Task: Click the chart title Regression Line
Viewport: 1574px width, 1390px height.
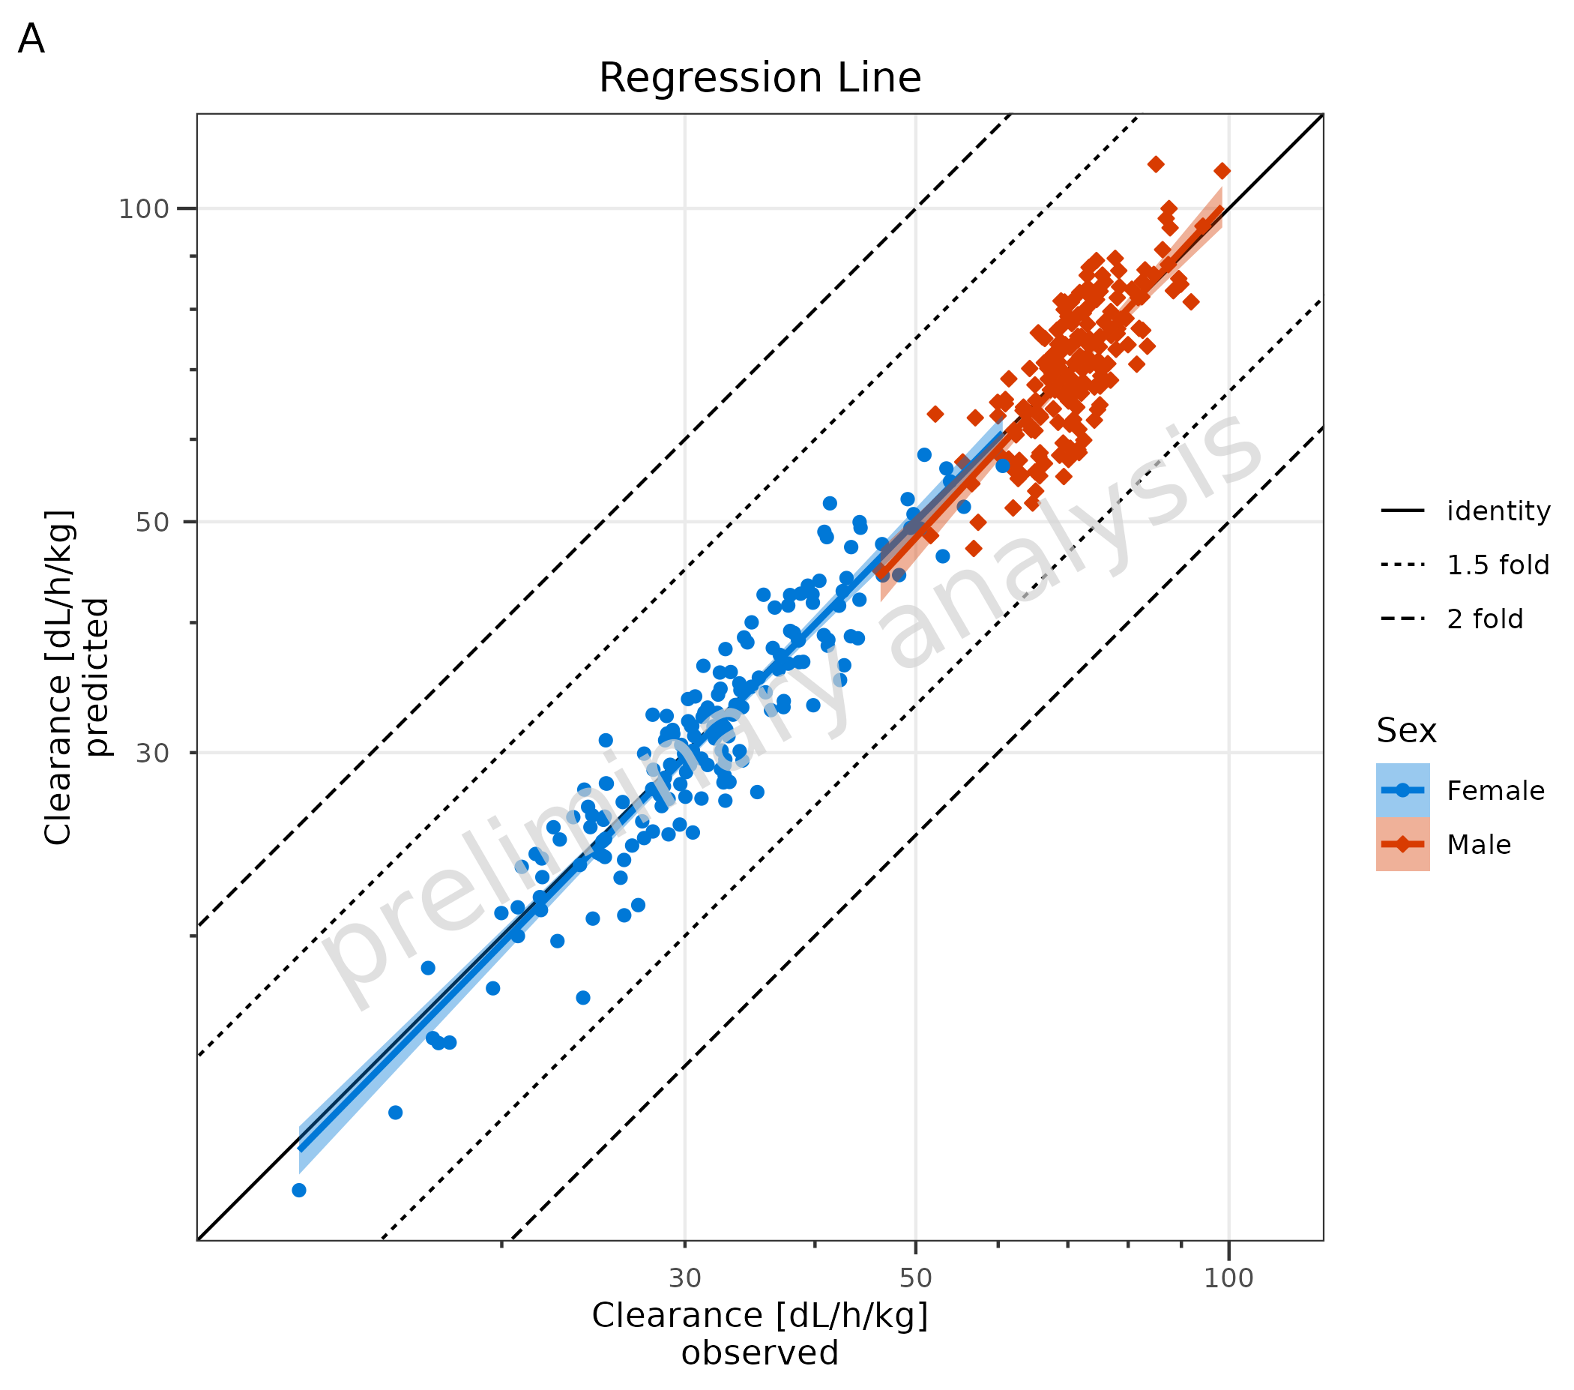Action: pos(759,78)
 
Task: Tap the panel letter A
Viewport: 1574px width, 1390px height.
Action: pos(31,38)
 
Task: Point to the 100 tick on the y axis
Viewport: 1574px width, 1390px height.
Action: pos(143,208)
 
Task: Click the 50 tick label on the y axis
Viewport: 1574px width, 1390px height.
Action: pos(151,523)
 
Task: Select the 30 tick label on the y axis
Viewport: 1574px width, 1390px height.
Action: pos(151,753)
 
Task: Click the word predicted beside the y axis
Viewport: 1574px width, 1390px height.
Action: pos(97,678)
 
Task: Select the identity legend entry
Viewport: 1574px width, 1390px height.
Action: pos(1498,511)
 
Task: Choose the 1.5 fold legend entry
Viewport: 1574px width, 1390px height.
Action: pos(1498,565)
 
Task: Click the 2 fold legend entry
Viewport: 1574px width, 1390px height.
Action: pos(1485,619)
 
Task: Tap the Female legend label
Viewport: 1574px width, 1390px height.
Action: pos(1495,791)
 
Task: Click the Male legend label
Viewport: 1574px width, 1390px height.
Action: pos(1479,845)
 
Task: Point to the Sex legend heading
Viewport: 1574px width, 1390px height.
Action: pos(1406,730)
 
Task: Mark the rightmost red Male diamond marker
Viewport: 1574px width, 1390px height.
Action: pos(1222,171)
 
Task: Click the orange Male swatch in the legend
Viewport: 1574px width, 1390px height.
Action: pos(1402,845)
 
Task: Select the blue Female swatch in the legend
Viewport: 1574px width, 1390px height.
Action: pos(1402,791)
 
